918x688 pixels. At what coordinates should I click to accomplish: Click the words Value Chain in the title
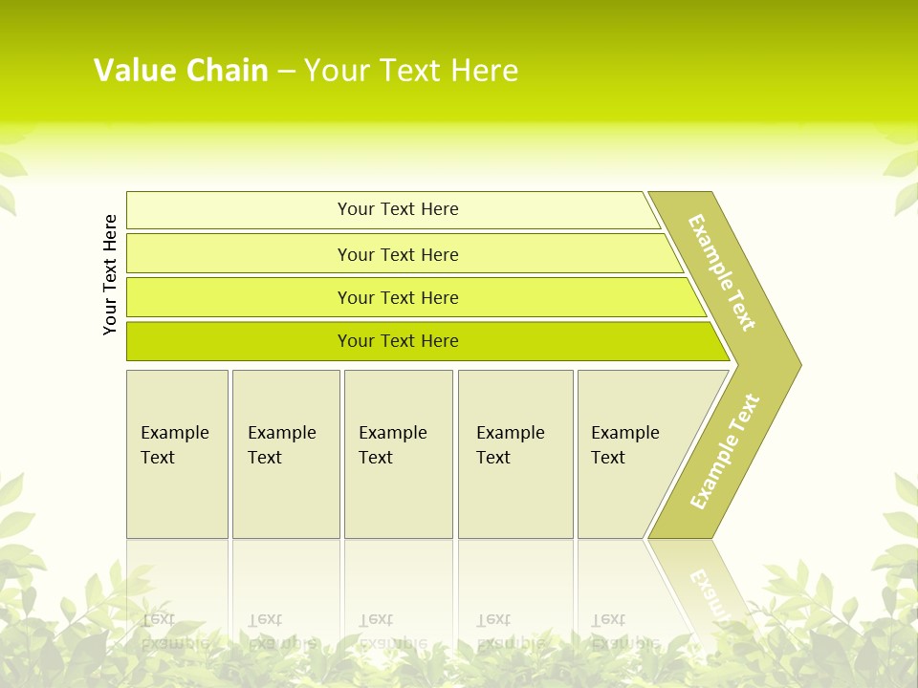181,71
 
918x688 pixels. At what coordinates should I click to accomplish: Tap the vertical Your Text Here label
111,274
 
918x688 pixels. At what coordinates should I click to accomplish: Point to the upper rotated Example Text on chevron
722,272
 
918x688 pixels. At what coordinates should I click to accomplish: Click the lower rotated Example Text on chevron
725,451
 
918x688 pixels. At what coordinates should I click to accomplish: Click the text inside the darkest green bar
398,341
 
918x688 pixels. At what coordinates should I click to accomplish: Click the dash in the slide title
286,72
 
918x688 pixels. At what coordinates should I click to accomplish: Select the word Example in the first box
174,433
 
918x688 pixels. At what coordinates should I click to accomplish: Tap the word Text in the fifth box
608,458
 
